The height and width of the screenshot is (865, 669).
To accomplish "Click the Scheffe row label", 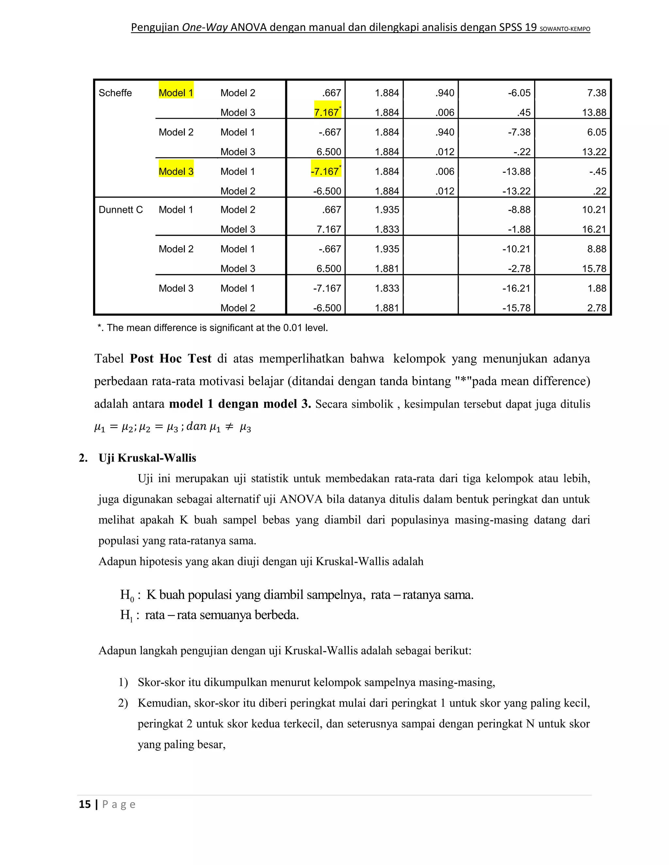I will point(115,93).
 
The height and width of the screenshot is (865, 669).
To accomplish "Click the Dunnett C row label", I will point(121,210).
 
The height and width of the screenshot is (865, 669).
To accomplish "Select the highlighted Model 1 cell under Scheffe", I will point(176,93).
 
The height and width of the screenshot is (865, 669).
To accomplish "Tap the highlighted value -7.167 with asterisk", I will point(326,171).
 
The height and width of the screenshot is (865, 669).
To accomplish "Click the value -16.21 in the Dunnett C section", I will point(516,288).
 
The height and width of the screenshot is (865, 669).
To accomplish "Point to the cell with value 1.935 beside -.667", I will point(387,249).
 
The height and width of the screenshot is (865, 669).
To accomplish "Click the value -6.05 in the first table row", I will point(519,93).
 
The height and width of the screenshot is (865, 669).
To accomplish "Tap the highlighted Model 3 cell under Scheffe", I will point(176,171).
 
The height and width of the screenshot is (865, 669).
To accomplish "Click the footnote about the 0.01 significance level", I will point(213,328).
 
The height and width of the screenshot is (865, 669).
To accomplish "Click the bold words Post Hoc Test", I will point(171,358).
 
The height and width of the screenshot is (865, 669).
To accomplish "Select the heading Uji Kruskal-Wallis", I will point(147,458).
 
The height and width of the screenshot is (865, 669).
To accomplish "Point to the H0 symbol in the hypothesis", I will point(127,595).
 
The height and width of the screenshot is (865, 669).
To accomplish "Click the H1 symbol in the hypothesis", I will point(126,615).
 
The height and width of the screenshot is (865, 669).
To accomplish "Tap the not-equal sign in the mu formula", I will point(229,427).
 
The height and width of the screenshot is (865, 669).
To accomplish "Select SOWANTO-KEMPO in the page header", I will point(565,29).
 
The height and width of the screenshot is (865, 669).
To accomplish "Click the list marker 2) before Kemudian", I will point(123,703).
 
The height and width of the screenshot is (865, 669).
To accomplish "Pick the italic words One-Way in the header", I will point(205,27).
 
